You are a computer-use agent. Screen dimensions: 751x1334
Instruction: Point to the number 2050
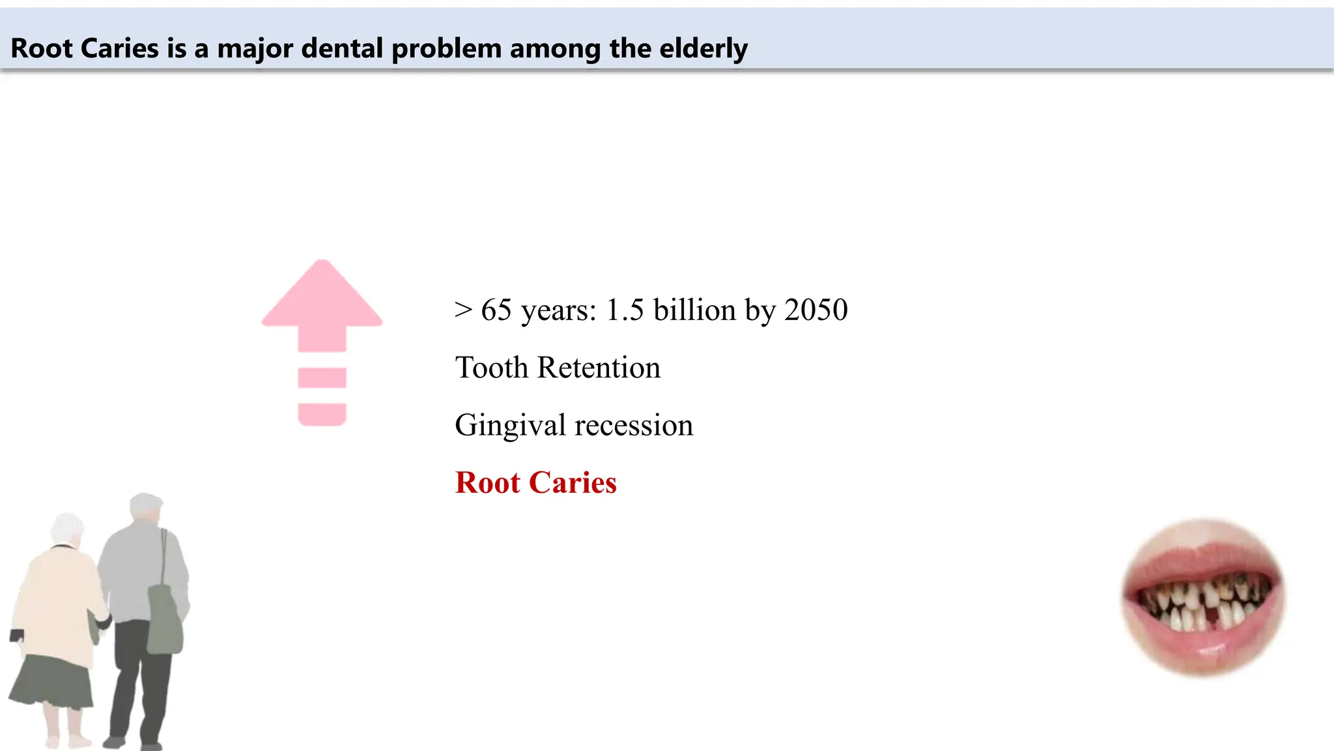coord(816,310)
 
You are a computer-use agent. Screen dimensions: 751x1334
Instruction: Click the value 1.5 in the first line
coord(625,310)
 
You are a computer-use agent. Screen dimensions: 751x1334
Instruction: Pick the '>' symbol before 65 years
coord(463,310)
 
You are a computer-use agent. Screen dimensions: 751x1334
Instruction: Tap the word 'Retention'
coord(599,368)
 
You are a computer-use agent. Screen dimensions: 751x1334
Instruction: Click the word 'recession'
coord(634,426)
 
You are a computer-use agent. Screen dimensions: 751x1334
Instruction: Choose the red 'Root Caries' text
coord(535,483)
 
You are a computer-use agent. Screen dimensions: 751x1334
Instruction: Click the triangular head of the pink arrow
coord(322,297)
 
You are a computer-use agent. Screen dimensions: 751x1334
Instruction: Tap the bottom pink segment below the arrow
coord(322,414)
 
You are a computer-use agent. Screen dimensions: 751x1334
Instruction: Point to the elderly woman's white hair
coord(67,528)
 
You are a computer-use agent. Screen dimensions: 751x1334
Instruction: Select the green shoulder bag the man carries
coord(164,619)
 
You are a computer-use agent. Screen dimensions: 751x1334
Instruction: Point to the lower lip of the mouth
coord(1202,649)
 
